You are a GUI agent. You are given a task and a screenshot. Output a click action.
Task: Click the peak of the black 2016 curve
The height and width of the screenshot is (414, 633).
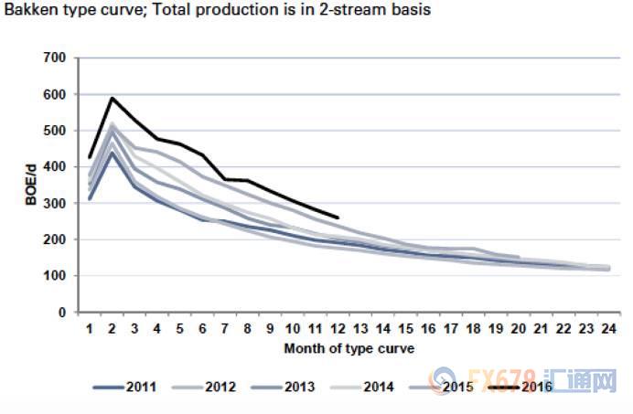tap(113, 98)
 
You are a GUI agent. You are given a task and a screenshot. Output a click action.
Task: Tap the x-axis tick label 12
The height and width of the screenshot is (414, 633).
tap(338, 328)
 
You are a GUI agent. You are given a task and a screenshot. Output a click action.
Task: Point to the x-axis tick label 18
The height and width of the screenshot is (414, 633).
tap(472, 328)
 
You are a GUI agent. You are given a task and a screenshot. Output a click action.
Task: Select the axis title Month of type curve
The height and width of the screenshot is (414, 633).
tap(348, 347)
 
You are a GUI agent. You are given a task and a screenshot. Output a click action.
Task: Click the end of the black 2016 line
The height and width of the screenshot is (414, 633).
tap(338, 218)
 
